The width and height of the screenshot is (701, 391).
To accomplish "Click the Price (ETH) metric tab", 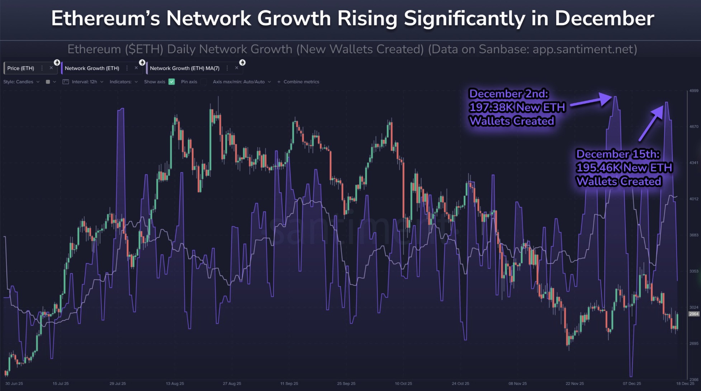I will click(21, 68).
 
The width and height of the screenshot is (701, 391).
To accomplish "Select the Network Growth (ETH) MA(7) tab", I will click(184, 68).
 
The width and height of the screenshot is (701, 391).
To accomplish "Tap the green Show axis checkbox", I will click(172, 82).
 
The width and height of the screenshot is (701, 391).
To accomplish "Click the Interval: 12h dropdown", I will click(84, 82).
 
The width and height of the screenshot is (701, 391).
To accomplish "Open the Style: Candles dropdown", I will click(21, 82).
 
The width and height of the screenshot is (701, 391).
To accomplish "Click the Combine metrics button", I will click(298, 82).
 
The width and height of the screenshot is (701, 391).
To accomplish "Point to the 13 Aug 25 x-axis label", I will click(175, 383).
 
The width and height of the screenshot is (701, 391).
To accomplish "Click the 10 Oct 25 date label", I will click(403, 383).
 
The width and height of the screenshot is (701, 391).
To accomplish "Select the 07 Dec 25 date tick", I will click(632, 383).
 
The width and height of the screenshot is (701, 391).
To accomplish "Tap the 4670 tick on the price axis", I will click(694, 127).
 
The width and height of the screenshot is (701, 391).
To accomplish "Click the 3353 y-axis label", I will click(694, 271).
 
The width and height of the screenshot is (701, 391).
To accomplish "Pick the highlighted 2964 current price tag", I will click(694, 314).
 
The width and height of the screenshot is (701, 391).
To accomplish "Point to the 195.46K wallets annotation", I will click(624, 168).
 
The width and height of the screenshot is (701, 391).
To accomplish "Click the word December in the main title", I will click(604, 19).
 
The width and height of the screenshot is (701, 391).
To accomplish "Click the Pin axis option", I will click(189, 82).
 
